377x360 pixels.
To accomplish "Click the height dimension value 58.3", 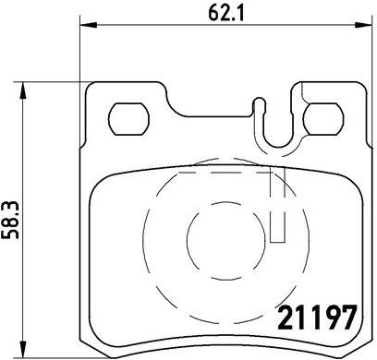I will coord(13,220).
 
